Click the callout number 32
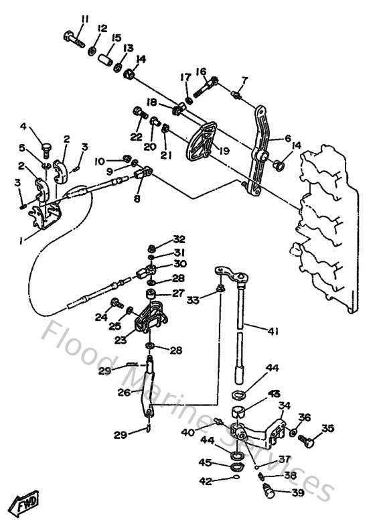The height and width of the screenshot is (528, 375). tap(160, 240)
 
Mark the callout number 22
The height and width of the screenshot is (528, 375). tap(137, 136)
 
